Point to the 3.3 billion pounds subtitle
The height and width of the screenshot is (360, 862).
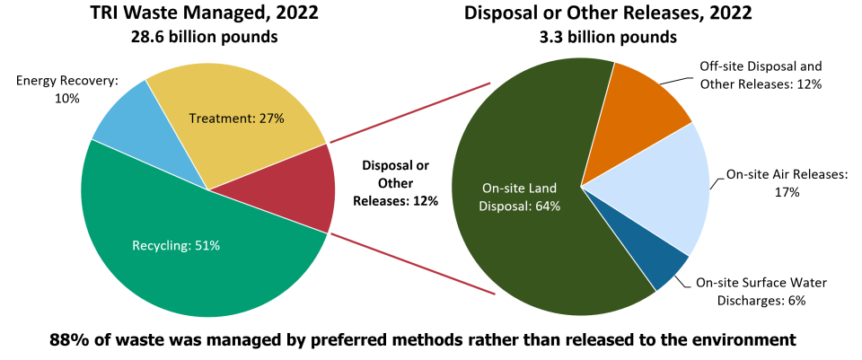tap(608, 37)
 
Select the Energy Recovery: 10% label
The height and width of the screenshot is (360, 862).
tap(67, 89)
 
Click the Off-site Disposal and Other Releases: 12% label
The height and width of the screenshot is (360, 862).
tap(761, 75)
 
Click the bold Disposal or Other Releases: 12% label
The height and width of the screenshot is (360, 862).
tap(395, 183)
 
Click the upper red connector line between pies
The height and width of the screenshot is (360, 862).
tap(409, 113)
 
